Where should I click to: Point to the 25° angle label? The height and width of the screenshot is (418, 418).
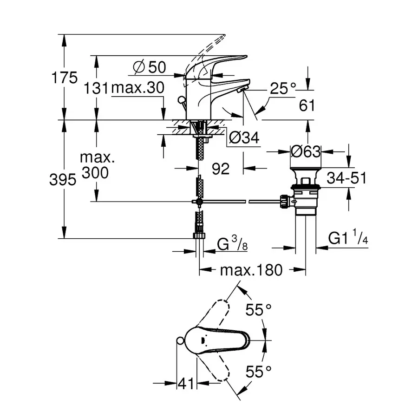coord(283,88)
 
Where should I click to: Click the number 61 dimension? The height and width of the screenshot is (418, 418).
coord(307,105)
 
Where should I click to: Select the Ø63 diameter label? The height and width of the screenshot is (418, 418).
coord(305,151)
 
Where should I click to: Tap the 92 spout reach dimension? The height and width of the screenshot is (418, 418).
coord(221,169)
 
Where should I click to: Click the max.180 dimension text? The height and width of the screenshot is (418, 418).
coord(251,270)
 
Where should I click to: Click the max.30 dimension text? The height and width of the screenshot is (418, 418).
coord(137,88)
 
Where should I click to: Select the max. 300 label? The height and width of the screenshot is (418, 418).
coord(97,165)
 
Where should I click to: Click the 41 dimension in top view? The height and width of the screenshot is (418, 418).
coord(186,383)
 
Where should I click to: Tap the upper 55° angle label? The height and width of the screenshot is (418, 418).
coord(259,310)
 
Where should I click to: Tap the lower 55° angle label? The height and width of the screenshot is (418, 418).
coord(259,371)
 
